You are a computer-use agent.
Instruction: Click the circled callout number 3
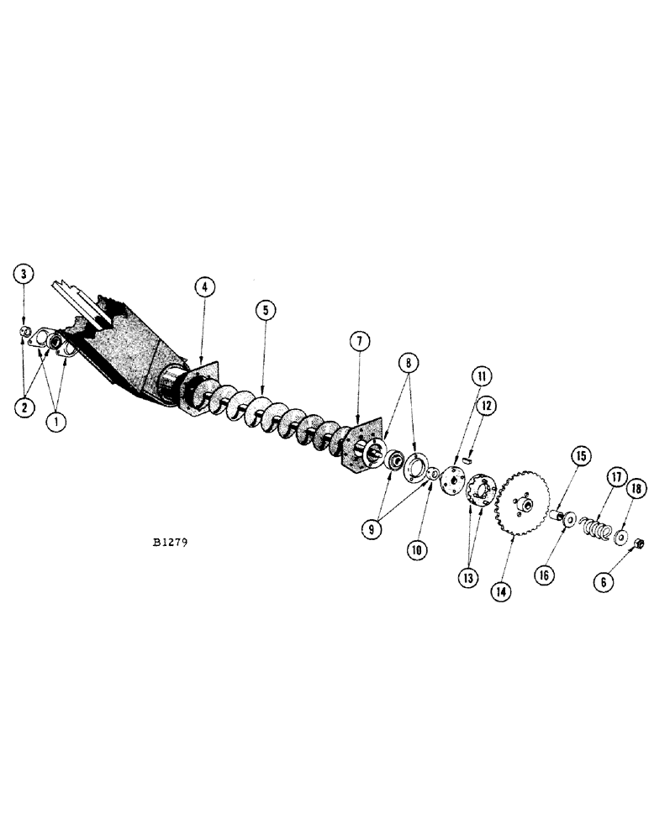tap(24, 273)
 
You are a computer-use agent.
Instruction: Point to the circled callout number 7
tap(359, 341)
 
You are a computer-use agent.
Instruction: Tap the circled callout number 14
tap(501, 567)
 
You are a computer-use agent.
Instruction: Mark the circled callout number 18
tap(636, 488)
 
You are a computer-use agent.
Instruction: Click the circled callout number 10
tap(419, 550)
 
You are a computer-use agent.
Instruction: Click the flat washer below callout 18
tap(624, 533)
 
